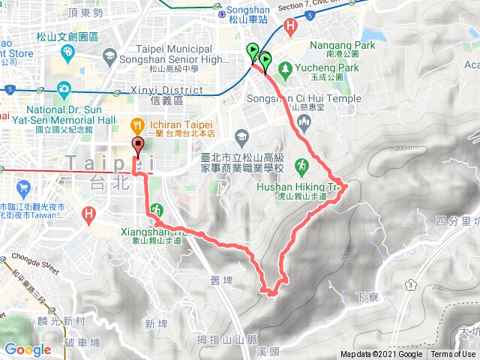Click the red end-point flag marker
138,146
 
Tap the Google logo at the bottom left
28,349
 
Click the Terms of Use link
453,355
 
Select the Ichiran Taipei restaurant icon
137,124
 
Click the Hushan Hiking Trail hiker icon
301,164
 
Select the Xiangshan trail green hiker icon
157,208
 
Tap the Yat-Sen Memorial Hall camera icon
64,90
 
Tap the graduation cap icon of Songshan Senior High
110,57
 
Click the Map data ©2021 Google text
381,355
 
